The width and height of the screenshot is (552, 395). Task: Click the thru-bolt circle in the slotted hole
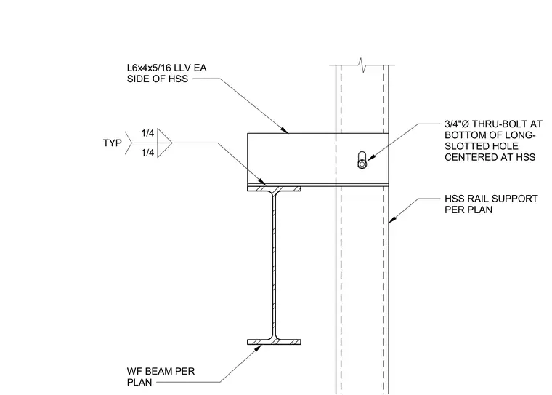pyautogui.click(x=362, y=164)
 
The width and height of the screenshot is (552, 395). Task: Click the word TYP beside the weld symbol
pyautogui.click(x=113, y=143)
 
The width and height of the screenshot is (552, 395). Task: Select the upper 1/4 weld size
pyautogui.click(x=148, y=133)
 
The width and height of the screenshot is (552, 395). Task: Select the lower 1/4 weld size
pyautogui.click(x=148, y=153)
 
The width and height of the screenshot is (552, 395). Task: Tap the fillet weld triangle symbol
pyautogui.click(x=164, y=143)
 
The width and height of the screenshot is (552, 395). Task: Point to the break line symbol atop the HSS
pyautogui.click(x=362, y=65)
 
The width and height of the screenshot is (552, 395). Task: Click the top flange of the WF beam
pyautogui.click(x=274, y=189)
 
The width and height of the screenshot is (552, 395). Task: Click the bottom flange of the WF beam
pyautogui.click(x=274, y=342)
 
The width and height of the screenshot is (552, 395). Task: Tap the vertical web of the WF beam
pyautogui.click(x=274, y=266)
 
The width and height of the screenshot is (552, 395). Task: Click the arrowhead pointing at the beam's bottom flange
pyautogui.click(x=258, y=348)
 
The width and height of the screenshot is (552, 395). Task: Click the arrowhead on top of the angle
pyautogui.click(x=284, y=129)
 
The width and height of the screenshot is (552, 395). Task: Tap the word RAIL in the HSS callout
pyautogui.click(x=477, y=199)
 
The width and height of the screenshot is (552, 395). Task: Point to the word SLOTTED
pyautogui.click(x=464, y=146)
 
